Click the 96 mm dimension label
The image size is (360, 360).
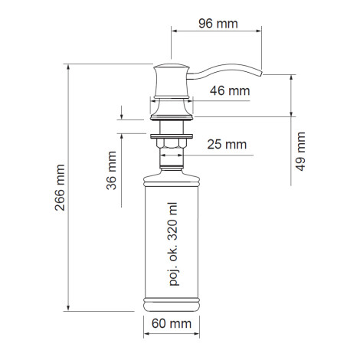[x=218, y=24]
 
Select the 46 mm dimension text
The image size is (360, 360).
[x=230, y=91]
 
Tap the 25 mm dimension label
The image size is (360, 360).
[x=227, y=145]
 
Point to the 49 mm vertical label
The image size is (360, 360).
[x=300, y=152]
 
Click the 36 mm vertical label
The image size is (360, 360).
[x=111, y=171]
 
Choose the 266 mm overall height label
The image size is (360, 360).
[x=60, y=188]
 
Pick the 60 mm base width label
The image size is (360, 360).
[x=172, y=324]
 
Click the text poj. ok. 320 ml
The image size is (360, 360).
[x=173, y=244]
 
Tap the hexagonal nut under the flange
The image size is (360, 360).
[x=172, y=143]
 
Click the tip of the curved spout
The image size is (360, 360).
[x=261, y=73]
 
